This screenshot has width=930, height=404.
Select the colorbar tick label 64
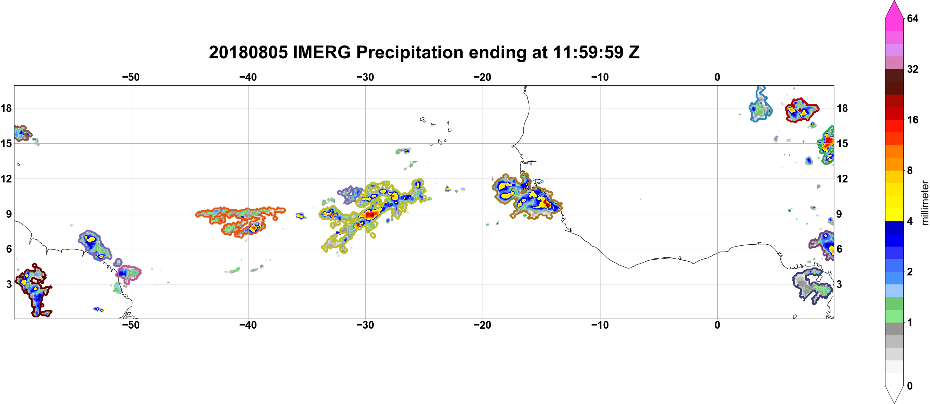coord(912,18)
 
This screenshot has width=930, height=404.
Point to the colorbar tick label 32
coord(912,69)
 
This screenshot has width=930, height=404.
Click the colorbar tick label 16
coord(912,120)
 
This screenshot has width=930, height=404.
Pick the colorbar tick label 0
coord(910,386)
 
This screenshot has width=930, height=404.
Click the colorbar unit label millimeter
coord(925,203)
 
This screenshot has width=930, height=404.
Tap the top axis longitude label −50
coord(131,77)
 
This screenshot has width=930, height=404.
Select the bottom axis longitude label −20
coord(483,325)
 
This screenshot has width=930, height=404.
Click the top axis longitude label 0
coord(717,77)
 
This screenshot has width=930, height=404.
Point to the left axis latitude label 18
coord(6,108)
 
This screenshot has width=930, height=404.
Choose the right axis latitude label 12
coord(842,179)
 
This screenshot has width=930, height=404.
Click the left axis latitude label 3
coord(9,284)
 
